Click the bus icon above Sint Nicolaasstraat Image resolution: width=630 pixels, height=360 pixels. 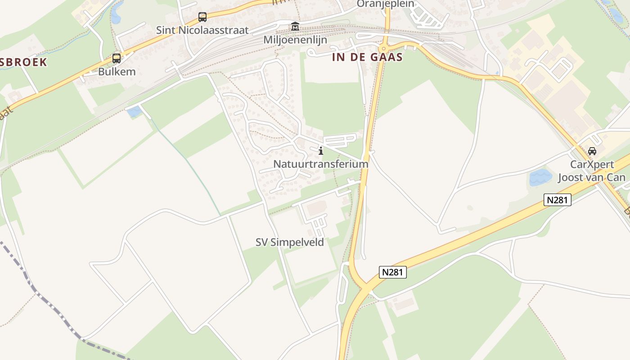[x=202, y=17]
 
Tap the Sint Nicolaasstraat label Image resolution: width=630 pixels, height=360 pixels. [x=202, y=30]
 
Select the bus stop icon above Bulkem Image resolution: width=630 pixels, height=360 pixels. [x=117, y=58]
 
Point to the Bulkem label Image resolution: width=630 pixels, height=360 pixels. [x=117, y=72]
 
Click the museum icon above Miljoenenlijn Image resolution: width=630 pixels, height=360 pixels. [x=295, y=27]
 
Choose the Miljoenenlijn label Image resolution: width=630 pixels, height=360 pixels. [x=295, y=40]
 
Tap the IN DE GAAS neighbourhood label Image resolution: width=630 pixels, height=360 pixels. [x=367, y=58]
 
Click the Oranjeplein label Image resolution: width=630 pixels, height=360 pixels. [x=385, y=4]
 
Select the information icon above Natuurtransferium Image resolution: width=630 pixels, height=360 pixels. [x=321, y=151]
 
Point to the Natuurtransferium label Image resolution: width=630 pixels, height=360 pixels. [x=321, y=164]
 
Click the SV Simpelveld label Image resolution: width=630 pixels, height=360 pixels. [x=290, y=242]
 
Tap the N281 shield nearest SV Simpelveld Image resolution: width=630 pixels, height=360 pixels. [x=392, y=272]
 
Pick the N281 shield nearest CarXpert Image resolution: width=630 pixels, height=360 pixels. [x=557, y=200]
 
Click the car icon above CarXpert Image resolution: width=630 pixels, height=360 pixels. [x=592, y=151]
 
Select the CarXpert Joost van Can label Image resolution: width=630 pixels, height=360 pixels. [x=592, y=171]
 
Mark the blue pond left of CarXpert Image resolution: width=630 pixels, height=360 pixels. [x=540, y=177]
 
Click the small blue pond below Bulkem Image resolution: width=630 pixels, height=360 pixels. [x=134, y=112]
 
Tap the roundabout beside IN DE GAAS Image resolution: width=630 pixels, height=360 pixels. [x=384, y=48]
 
